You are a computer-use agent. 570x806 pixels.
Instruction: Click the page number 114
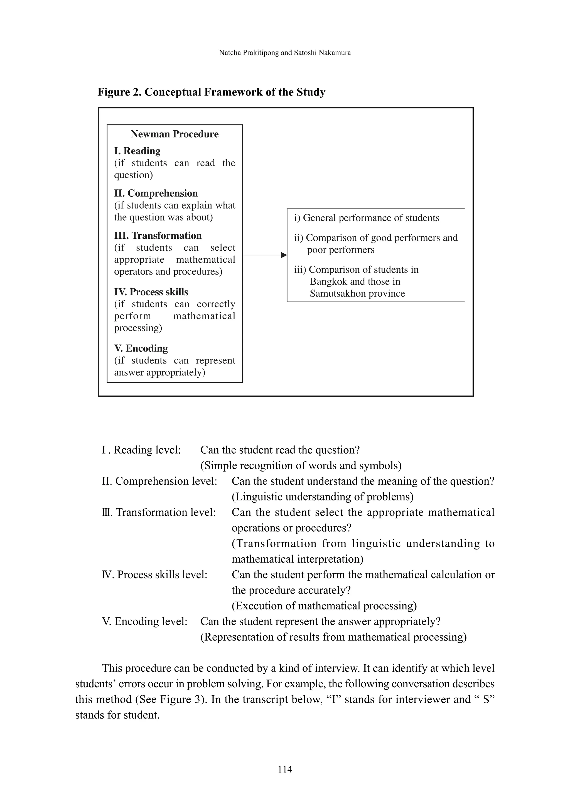tap(285, 770)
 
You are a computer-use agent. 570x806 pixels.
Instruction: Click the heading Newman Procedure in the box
tap(175, 134)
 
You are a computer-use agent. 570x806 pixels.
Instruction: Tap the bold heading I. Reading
tap(137, 151)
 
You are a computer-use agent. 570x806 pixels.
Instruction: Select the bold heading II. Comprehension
tap(156, 194)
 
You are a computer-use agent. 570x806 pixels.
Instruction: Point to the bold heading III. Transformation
tap(158, 236)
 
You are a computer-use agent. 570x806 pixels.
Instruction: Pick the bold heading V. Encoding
tap(141, 348)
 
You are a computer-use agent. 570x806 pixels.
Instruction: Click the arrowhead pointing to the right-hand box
tap(284, 255)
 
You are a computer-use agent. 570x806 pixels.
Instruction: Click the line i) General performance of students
tap(367, 218)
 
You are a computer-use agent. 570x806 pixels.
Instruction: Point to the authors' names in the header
tap(285, 53)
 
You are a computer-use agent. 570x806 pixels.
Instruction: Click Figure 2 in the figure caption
tap(120, 92)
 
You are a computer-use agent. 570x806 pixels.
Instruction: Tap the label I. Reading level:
tap(141, 450)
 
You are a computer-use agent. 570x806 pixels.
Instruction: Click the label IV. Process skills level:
tap(154, 575)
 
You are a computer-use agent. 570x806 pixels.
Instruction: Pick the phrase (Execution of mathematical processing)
tap(324, 606)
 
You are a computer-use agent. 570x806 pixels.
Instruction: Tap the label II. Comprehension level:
tap(159, 481)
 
